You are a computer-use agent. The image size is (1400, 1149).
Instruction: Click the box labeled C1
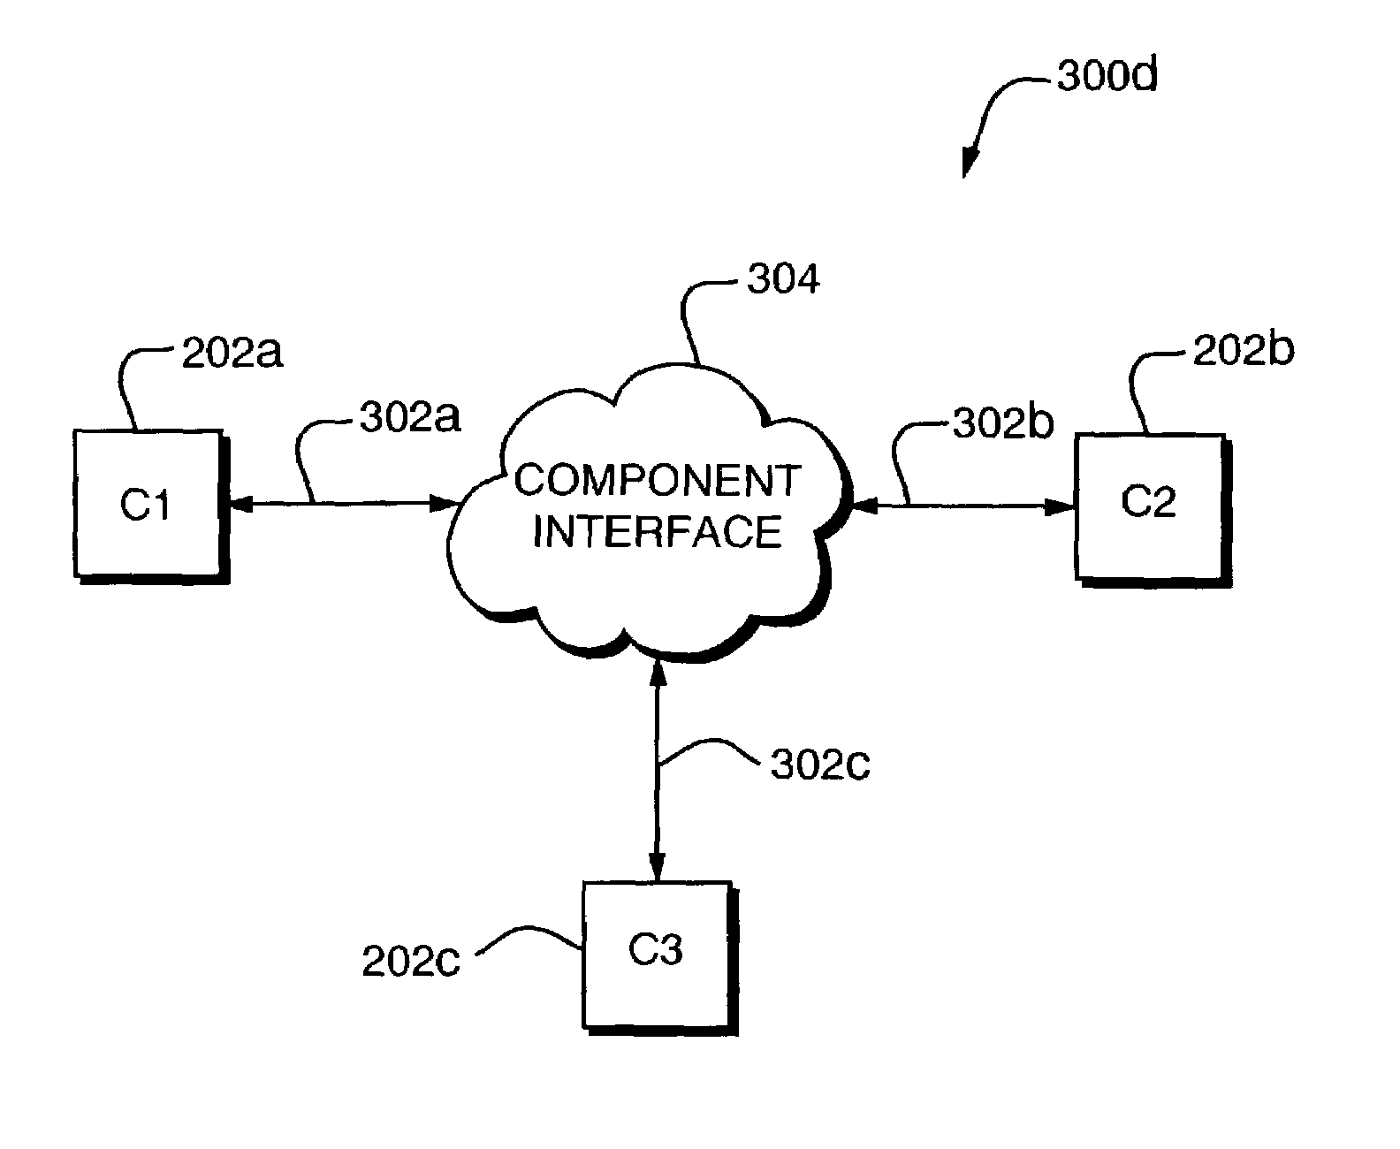pyautogui.click(x=147, y=504)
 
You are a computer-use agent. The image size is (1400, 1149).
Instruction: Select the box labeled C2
pyautogui.click(x=1149, y=506)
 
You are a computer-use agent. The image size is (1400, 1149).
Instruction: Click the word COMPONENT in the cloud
pyautogui.click(x=658, y=481)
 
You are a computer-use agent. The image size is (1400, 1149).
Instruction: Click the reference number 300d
pyautogui.click(x=1107, y=78)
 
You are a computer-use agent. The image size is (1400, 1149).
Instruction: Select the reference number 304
pyautogui.click(x=783, y=279)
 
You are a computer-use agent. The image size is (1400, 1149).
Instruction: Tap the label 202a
pyautogui.click(x=232, y=354)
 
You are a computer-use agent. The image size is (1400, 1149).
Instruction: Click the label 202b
pyautogui.click(x=1243, y=351)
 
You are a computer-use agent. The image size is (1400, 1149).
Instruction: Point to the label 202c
pyautogui.click(x=411, y=962)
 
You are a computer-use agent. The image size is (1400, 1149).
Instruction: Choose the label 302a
pyautogui.click(x=410, y=417)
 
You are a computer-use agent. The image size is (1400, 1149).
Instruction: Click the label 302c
pyautogui.click(x=820, y=765)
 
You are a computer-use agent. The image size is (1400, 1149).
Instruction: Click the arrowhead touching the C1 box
pyautogui.click(x=236, y=504)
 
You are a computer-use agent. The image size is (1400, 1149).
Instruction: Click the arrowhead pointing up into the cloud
pyautogui.click(x=657, y=673)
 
